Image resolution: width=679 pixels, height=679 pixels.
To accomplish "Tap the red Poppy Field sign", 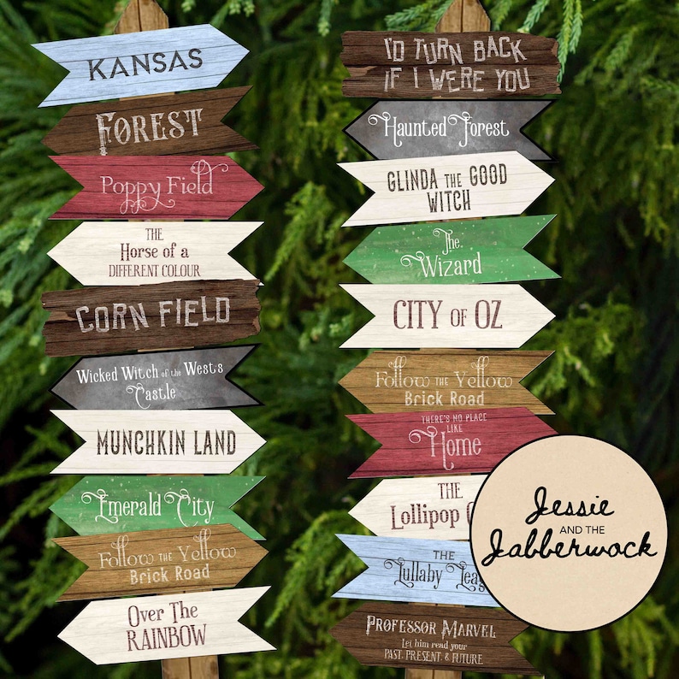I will point(154,186).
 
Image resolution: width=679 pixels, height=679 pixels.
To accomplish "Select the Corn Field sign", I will point(151,316).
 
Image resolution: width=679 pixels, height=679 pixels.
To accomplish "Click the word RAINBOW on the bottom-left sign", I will point(167,637).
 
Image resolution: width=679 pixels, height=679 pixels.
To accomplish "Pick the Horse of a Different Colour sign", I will point(154,252).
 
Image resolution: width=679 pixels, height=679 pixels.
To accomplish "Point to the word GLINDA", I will point(417,180).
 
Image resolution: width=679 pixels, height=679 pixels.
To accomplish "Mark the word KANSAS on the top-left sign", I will point(145,64).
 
